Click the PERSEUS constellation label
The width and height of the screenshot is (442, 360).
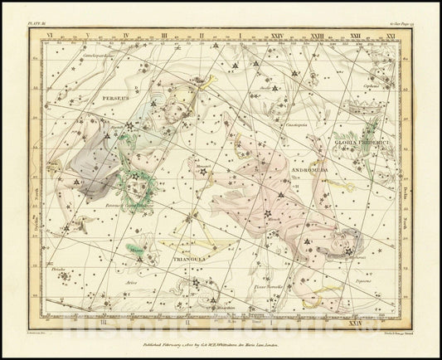coord(111,98)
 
